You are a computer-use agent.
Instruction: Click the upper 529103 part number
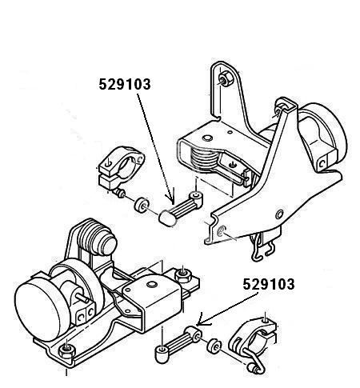tap(125, 84)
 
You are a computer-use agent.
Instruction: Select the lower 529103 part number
tap(269, 284)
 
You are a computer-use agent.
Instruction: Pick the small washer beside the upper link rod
tap(142, 205)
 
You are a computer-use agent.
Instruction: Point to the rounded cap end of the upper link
tap(167, 218)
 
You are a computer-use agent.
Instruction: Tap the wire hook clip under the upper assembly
tap(263, 246)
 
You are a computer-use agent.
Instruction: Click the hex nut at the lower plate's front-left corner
tap(66, 350)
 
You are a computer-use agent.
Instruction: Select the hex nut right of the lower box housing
tap(183, 275)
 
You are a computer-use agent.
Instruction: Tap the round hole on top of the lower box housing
tap(152, 285)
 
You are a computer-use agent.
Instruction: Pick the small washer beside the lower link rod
tap(214, 346)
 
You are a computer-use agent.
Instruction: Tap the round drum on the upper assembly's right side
tap(324, 136)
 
